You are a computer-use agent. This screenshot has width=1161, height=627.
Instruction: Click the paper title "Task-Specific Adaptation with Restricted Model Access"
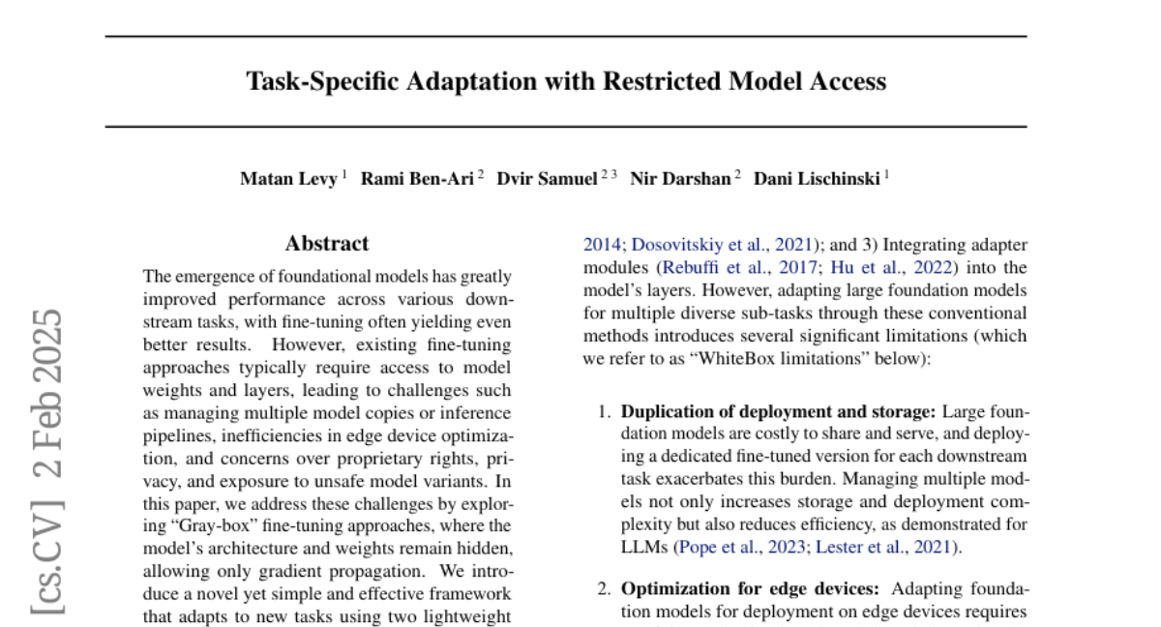(x=566, y=81)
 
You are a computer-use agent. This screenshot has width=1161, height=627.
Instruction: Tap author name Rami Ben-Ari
(x=417, y=179)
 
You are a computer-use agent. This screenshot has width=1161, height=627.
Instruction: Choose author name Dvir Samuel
(x=547, y=179)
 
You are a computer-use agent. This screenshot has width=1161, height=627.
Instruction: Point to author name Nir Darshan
(x=681, y=179)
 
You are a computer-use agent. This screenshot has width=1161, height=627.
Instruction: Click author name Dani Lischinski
(x=817, y=179)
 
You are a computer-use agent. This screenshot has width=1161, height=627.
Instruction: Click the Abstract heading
(x=326, y=244)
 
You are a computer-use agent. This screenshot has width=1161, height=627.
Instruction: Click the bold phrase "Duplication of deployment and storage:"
(x=778, y=411)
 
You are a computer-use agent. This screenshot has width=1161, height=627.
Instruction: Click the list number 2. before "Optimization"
(x=604, y=588)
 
